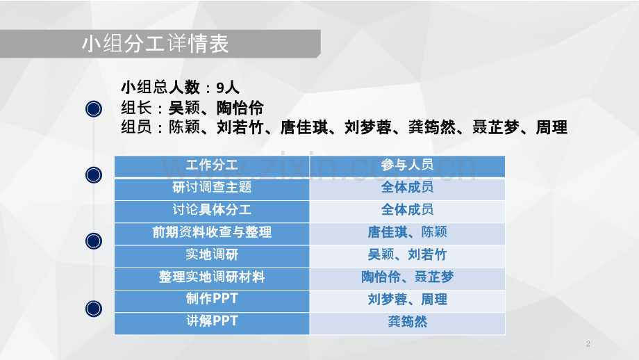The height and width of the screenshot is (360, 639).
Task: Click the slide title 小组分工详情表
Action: tap(154, 44)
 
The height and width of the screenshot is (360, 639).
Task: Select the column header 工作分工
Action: tap(212, 165)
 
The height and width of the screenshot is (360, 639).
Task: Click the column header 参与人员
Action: tap(407, 165)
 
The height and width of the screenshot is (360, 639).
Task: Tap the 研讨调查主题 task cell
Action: tap(212, 188)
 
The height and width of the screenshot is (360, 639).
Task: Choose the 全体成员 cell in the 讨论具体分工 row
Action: tap(407, 210)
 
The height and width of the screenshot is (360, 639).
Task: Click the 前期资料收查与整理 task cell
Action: tap(212, 232)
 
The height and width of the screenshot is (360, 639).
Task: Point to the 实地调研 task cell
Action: tap(212, 254)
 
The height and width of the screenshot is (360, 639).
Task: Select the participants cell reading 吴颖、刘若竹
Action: tap(407, 254)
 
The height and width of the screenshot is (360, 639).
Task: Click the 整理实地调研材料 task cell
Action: tap(212, 277)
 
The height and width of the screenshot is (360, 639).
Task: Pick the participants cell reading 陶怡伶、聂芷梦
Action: tap(407, 277)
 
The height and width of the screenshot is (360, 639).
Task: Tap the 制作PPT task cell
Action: tap(212, 299)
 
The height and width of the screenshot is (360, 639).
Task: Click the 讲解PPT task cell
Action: tap(212, 321)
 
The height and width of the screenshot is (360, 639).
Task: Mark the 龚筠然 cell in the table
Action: tap(407, 321)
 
